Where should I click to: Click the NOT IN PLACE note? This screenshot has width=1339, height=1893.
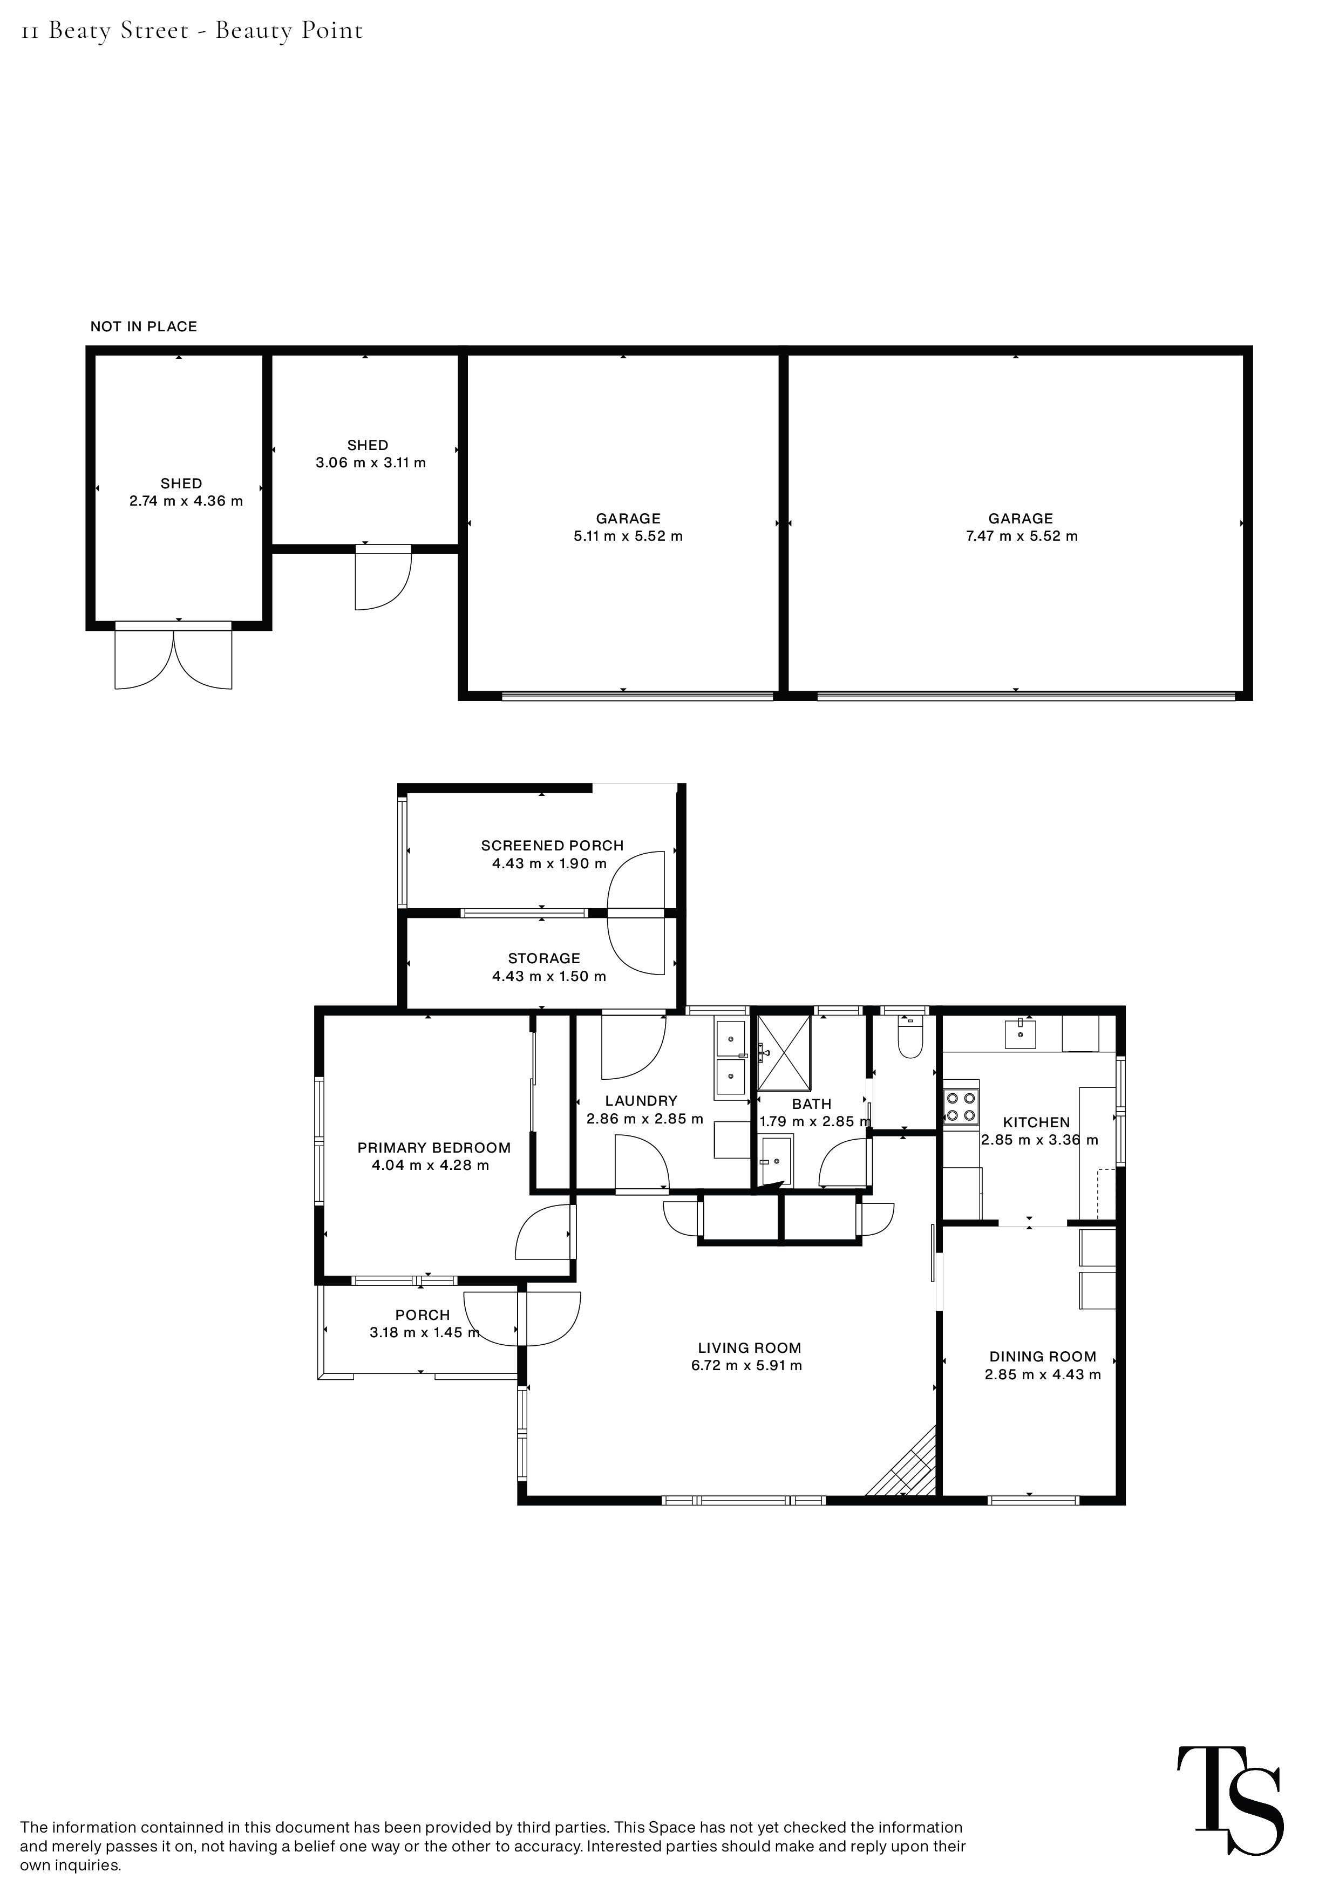pyautogui.click(x=144, y=326)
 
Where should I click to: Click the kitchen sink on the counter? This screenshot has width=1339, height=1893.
pyautogui.click(x=1021, y=1033)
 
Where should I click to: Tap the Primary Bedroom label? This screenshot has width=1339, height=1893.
pyautogui.click(x=434, y=1148)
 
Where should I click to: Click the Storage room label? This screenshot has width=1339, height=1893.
pyautogui.click(x=544, y=958)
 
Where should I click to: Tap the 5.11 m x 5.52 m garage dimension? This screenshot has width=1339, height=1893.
pyautogui.click(x=628, y=536)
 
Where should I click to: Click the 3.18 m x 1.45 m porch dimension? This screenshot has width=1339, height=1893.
pyautogui.click(x=425, y=1332)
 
